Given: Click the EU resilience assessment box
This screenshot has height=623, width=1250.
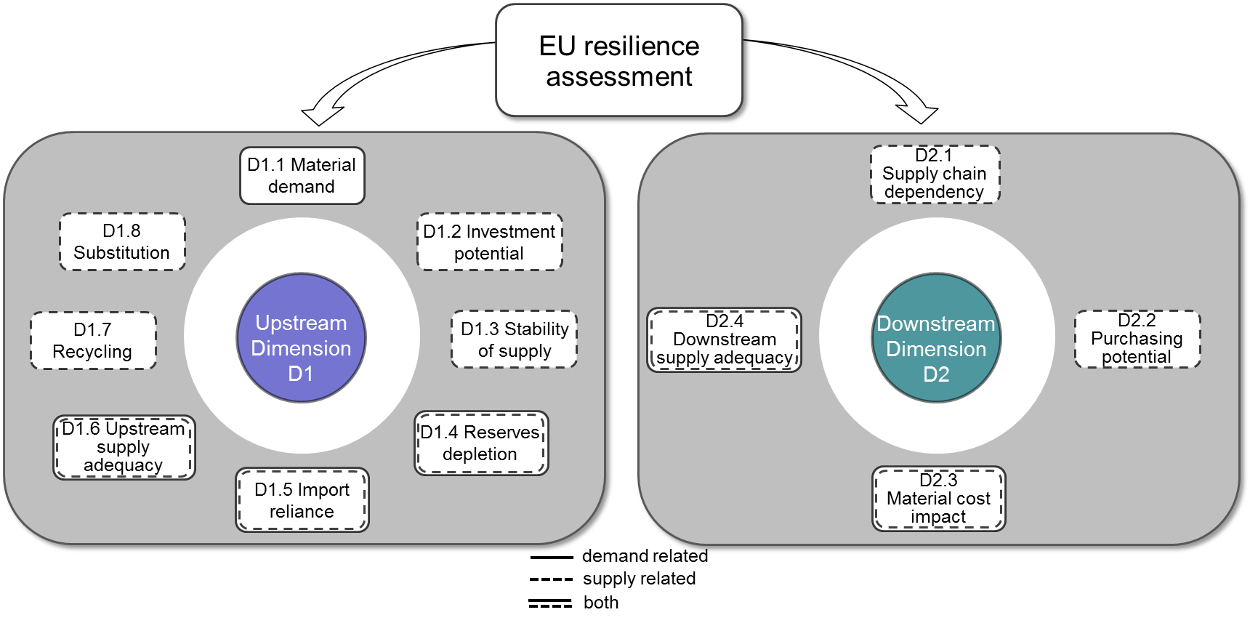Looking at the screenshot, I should tap(618, 60).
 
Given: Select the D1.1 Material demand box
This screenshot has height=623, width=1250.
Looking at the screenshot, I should tap(302, 176).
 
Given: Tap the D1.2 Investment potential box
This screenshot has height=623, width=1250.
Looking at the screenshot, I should tap(489, 242).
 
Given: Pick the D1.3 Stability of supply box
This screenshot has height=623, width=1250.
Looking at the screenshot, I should tap(514, 339).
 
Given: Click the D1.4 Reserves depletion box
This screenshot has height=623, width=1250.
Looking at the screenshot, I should tap(480, 443).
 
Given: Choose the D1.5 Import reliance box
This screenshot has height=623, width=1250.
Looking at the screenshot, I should tap(302, 500).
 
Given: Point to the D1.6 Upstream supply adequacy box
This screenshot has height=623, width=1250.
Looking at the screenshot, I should tap(124, 447).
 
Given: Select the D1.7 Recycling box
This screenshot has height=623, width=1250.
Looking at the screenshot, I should tap(93, 340).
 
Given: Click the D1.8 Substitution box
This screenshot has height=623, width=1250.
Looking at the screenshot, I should tap(122, 242).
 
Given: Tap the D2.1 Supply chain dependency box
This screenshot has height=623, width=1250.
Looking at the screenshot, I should tap(935, 174).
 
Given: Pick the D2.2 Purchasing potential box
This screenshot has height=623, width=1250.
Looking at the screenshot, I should tap(1137, 339).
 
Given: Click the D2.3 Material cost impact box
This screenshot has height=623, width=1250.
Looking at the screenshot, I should tap(938, 499).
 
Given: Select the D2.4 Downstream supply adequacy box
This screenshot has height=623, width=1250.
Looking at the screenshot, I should tap(724, 339).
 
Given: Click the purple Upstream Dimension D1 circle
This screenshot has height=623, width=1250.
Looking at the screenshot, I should tap(301, 338).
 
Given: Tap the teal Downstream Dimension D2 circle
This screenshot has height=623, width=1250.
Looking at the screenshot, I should tap(936, 338).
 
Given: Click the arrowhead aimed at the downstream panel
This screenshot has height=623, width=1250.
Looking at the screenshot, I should tap(919, 113).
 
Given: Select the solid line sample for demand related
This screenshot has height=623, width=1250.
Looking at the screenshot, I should tap(552, 558).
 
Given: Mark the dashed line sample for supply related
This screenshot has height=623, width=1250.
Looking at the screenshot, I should tap(552, 579).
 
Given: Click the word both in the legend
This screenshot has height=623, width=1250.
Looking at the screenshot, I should tap(601, 603).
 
